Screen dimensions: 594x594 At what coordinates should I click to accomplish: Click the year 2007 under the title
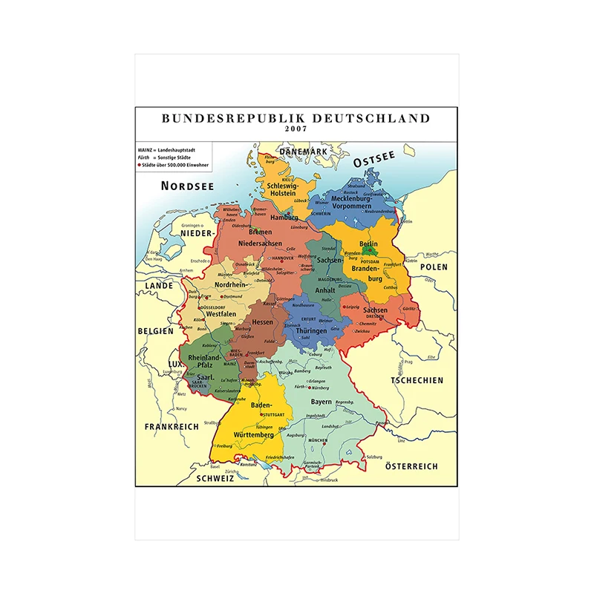pos(295,129)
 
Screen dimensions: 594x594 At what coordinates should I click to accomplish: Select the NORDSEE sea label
pos(188,186)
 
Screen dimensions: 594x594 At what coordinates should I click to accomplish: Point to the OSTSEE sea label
pos(374,160)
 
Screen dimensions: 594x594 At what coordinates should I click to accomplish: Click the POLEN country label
pos(434,267)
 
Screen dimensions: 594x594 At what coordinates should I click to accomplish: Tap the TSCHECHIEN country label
pos(417,380)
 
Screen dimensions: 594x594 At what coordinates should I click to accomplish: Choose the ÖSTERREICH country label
pos(411,466)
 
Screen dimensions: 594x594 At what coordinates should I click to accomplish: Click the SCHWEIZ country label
pos(215,479)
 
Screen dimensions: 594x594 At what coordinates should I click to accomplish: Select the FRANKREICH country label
pos(172,427)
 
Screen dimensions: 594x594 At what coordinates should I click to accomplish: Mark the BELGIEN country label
pos(154,331)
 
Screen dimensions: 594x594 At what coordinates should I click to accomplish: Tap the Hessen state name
pos(262,322)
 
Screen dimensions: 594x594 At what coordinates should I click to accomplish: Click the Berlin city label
pos(368,244)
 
